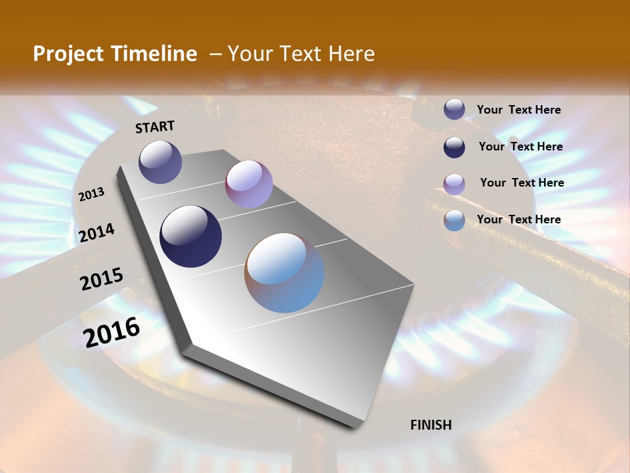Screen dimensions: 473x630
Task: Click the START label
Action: [155, 127]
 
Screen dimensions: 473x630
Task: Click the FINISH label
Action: [430, 425]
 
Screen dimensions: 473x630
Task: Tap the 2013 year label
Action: [92, 194]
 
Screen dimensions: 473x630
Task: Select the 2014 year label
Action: [97, 233]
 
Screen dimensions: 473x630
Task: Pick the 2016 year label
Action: [112, 332]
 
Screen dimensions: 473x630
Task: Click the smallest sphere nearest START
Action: [160, 162]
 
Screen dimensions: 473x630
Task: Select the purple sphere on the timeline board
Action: [249, 184]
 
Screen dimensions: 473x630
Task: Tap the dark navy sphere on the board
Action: [190, 236]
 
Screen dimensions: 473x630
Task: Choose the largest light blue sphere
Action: [284, 272]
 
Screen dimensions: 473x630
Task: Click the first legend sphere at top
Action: [454, 110]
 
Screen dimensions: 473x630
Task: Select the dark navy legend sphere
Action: [454, 147]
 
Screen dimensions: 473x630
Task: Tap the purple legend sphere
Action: [454, 184]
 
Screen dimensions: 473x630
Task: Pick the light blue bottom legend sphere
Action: [454, 221]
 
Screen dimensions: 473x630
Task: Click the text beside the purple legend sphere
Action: [522, 183]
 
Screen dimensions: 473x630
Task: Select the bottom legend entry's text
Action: [518, 219]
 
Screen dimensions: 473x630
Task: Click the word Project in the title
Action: [69, 54]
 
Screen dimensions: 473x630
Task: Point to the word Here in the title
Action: [351, 54]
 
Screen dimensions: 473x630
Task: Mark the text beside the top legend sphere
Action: [518, 110]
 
